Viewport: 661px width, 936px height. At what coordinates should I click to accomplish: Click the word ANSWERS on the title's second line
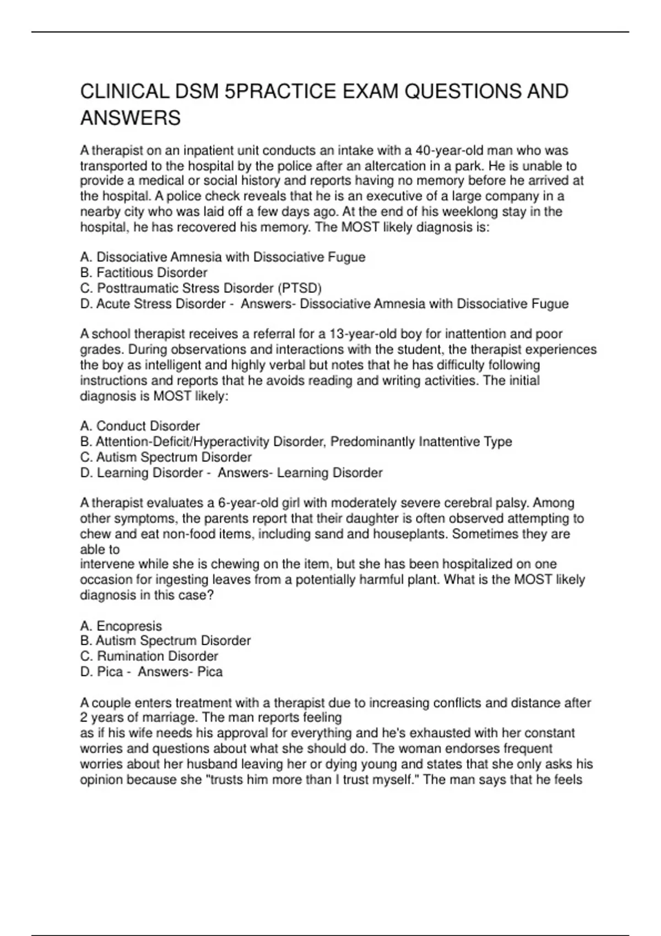pos(131,118)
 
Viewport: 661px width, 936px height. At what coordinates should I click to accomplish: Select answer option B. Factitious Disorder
pos(144,273)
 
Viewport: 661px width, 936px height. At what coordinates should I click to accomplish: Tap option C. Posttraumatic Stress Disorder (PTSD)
pos(201,288)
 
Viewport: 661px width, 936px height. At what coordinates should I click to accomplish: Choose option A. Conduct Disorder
pos(140,426)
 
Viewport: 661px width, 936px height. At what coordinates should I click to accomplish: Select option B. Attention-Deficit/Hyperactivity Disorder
pos(296,442)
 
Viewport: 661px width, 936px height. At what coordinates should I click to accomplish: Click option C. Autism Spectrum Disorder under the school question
pos(166,457)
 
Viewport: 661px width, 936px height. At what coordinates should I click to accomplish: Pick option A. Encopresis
pos(121,626)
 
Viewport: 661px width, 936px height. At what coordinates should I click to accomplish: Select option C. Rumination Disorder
pos(149,656)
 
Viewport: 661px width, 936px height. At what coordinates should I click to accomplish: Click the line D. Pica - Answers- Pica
pos(151,672)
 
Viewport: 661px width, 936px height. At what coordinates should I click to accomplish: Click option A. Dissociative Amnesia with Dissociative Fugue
pos(223,257)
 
